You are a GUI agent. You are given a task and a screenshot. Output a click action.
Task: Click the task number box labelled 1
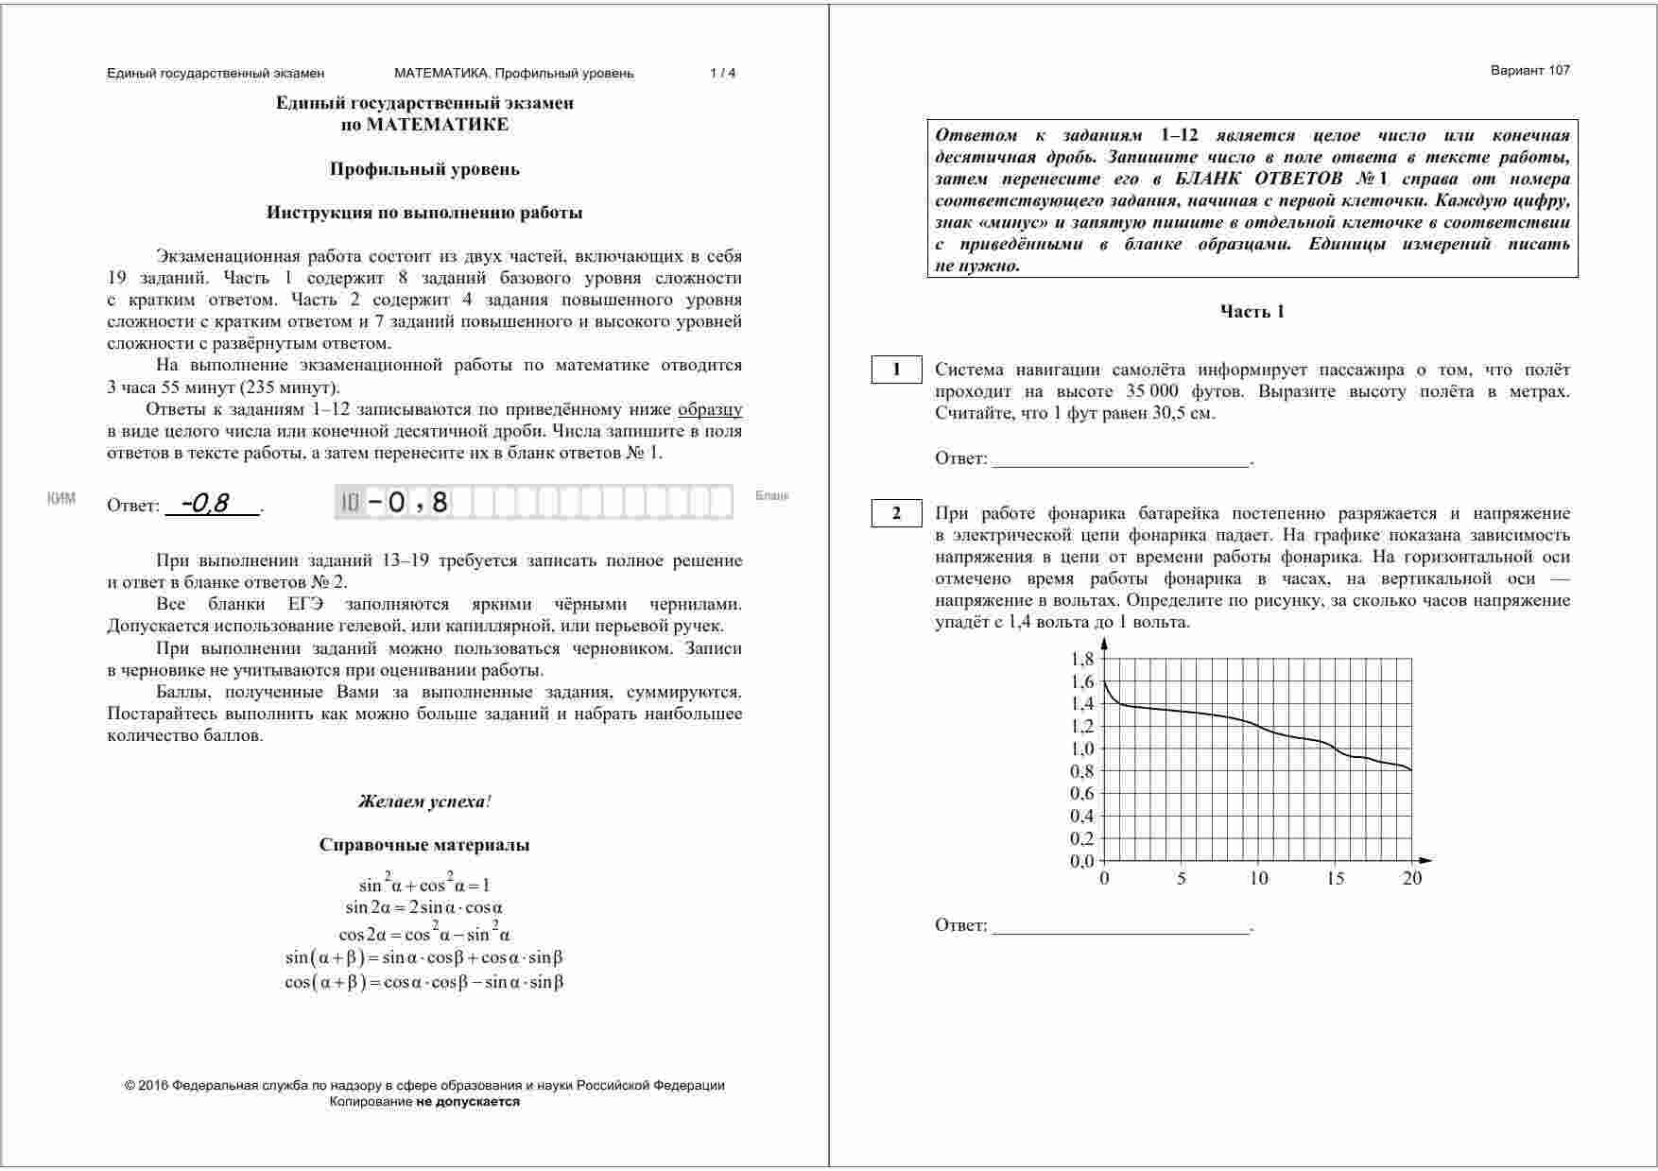[896, 370]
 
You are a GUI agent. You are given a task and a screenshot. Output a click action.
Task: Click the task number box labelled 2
[896, 514]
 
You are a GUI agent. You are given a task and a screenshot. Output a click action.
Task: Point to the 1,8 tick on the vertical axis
[1082, 659]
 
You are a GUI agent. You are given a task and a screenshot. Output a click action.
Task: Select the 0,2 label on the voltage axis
[1082, 838]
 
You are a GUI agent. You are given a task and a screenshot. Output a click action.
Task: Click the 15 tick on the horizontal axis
[1335, 879]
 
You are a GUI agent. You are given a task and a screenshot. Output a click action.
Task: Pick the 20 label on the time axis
[1411, 879]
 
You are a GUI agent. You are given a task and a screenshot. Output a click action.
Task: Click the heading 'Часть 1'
[1252, 312]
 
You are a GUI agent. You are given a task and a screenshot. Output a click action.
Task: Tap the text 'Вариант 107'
[1529, 70]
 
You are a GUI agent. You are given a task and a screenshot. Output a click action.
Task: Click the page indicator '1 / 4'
[722, 73]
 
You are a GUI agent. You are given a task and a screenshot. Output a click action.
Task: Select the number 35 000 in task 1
[1152, 391]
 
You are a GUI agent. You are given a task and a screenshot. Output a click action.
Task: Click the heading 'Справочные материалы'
[424, 845]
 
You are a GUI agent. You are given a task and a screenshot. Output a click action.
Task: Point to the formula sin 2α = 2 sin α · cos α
[424, 908]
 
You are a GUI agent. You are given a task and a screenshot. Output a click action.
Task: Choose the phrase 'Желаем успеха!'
[424, 801]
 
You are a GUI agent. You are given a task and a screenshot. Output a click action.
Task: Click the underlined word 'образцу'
[710, 409]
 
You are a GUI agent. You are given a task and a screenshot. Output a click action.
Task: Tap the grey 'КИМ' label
[61, 498]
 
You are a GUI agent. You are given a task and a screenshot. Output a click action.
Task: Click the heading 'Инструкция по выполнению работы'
[424, 213]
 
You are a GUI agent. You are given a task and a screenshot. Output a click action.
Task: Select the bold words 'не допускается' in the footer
[468, 1101]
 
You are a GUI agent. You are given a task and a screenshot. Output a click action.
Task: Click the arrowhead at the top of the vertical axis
[1104, 643]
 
